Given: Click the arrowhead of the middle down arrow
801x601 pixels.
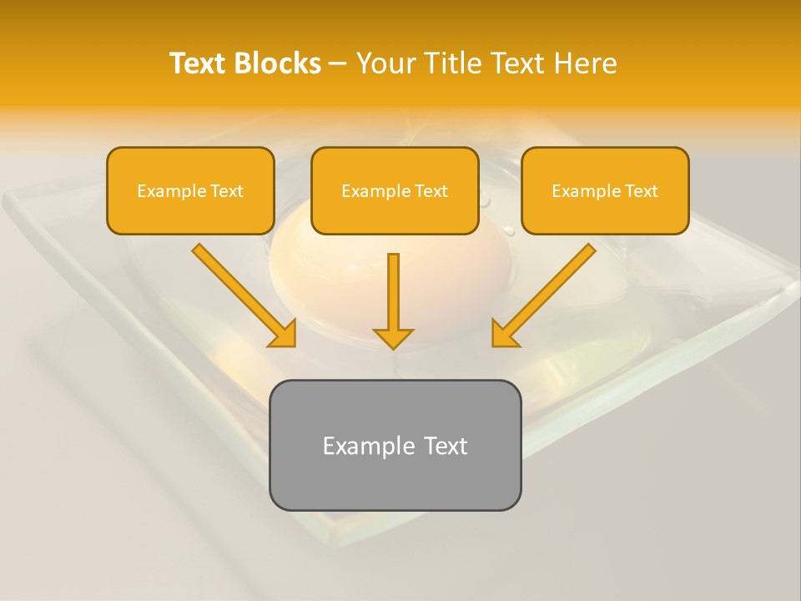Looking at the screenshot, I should click(x=393, y=338).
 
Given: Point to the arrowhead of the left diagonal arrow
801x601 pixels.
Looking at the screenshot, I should click(x=283, y=334).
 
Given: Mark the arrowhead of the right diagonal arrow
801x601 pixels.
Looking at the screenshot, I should click(x=504, y=334).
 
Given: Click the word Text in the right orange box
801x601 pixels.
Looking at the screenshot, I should click(x=641, y=191).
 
